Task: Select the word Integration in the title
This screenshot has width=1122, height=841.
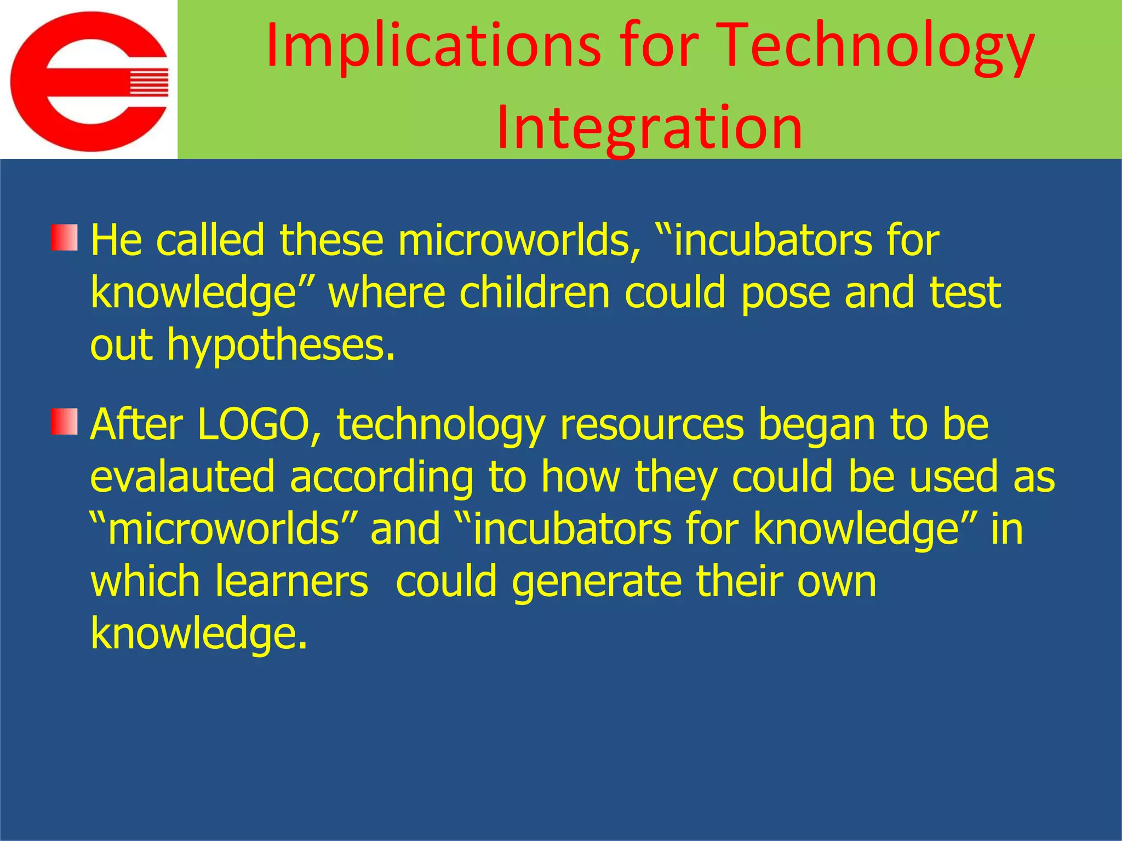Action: tap(649, 127)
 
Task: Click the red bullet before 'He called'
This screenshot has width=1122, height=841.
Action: tap(65, 238)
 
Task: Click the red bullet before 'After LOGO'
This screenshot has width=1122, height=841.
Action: tap(65, 422)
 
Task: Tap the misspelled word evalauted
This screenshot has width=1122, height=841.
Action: tap(182, 477)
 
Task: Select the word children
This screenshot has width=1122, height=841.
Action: tap(535, 293)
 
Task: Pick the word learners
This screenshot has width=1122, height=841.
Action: tap(291, 581)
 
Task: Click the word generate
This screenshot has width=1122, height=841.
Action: tap(597, 581)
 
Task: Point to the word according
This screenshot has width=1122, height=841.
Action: tap(381, 477)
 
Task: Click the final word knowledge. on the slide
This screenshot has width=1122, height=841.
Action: tap(198, 633)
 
